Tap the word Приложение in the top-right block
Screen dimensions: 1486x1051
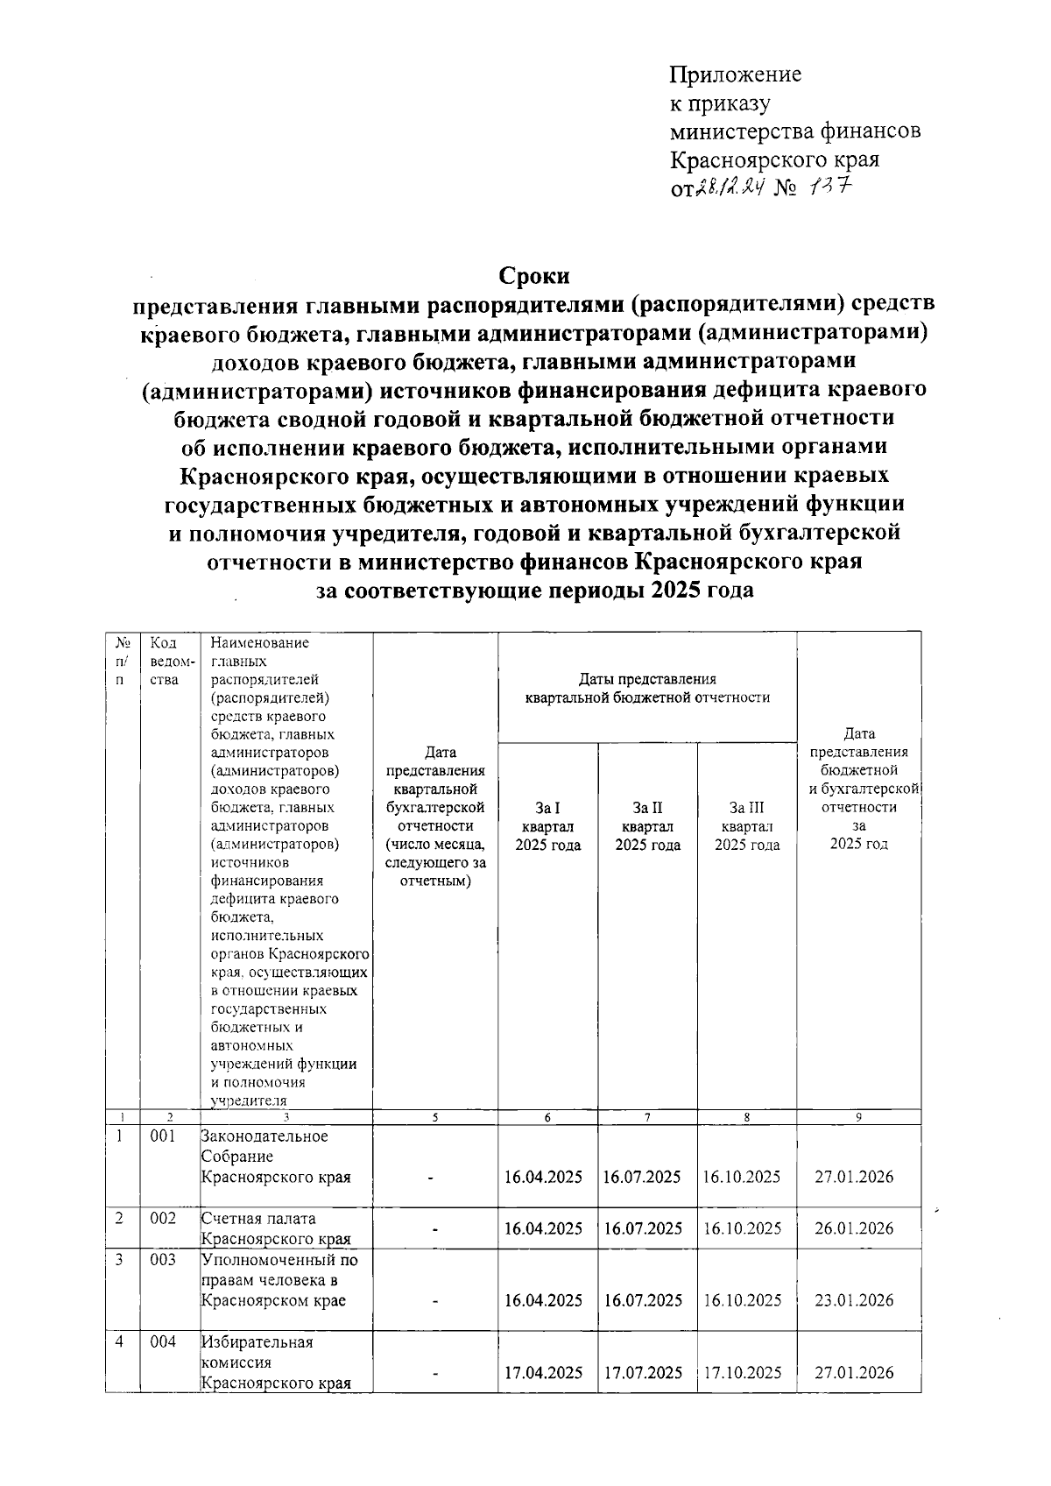(x=735, y=74)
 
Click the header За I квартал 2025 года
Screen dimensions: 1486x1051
(x=548, y=825)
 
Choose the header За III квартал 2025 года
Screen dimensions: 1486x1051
(x=747, y=825)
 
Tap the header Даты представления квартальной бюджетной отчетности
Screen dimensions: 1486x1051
(x=647, y=688)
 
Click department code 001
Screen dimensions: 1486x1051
(x=163, y=1136)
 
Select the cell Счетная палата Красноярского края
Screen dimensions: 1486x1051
(x=276, y=1228)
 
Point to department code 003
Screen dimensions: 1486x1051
(x=163, y=1259)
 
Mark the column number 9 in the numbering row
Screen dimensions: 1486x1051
(x=858, y=1117)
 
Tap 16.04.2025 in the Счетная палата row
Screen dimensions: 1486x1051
(x=543, y=1228)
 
